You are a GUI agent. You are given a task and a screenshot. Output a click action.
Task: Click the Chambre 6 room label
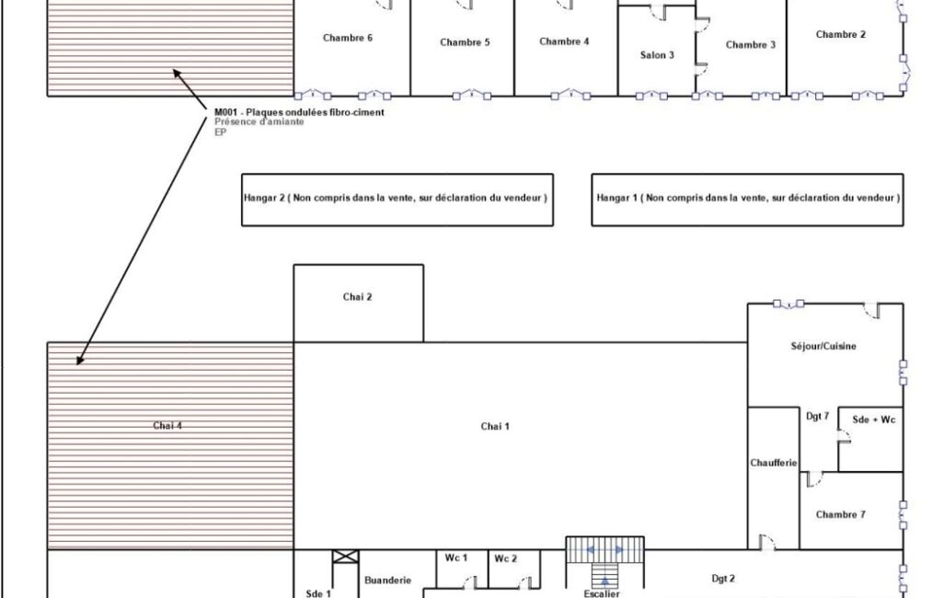click(348, 38)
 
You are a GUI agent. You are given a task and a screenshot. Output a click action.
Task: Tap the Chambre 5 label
click(465, 42)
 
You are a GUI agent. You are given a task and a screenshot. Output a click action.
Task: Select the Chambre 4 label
click(564, 41)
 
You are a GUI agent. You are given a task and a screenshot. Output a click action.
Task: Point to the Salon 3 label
click(657, 55)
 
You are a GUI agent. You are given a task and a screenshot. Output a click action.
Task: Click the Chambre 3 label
click(751, 44)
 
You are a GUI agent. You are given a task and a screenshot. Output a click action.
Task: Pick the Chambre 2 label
click(841, 34)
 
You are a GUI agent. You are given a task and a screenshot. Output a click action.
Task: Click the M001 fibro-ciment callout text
click(299, 112)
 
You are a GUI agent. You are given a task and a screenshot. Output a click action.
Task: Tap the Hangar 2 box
click(397, 200)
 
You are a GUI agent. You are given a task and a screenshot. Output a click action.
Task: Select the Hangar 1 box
click(748, 200)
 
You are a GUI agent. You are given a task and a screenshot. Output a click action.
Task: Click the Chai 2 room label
click(357, 296)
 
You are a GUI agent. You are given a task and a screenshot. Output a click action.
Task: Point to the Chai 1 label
click(495, 427)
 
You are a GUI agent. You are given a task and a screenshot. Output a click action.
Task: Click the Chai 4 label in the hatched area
click(167, 426)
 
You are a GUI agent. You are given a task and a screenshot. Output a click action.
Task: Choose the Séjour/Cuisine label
click(823, 346)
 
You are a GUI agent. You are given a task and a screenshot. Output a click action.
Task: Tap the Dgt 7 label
click(818, 417)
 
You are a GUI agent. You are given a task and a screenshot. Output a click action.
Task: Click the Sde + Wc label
click(874, 420)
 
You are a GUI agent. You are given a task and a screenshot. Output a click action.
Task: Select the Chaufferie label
click(774, 463)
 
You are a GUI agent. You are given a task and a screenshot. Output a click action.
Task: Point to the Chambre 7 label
click(841, 514)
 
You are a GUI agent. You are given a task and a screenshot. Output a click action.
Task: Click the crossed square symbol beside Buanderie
click(346, 557)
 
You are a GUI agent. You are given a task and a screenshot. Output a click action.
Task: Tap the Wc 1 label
click(456, 558)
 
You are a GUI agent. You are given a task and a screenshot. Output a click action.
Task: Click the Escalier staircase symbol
click(604, 566)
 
